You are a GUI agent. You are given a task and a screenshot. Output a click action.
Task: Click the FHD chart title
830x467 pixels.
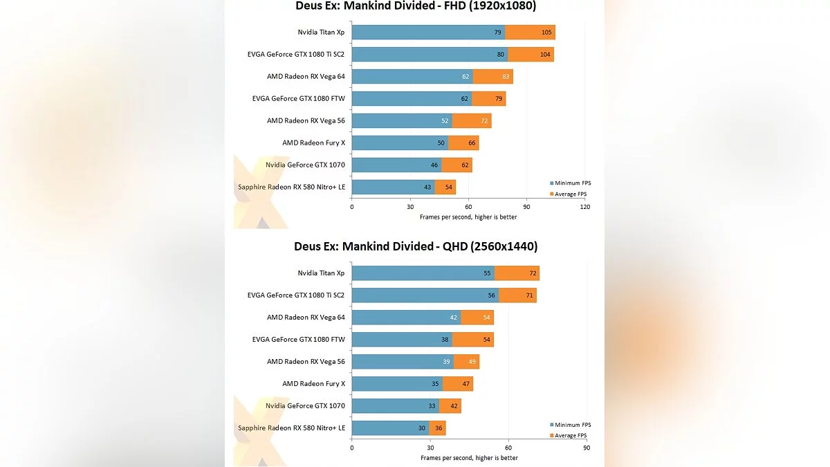415,6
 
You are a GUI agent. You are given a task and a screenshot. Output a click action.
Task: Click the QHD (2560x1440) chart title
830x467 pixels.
415,246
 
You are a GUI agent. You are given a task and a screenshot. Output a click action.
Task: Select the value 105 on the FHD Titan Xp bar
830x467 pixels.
546,33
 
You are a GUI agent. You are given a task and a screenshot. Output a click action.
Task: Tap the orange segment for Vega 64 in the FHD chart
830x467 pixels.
492,77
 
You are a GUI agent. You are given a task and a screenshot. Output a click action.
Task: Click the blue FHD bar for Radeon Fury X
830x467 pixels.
400,143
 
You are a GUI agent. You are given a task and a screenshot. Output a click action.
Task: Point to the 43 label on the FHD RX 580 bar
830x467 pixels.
428,187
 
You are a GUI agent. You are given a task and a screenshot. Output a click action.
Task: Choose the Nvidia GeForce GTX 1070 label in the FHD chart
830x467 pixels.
305,165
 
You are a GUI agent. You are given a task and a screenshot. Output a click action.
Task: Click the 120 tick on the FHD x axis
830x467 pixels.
584,206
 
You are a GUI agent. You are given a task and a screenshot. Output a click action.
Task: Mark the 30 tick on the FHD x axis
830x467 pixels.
410,206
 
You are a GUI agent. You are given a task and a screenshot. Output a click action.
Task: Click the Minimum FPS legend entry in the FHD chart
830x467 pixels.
571,183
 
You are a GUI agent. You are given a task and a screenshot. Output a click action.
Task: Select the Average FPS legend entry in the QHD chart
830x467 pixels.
571,435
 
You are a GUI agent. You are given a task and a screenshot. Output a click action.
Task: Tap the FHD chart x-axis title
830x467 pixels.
468,217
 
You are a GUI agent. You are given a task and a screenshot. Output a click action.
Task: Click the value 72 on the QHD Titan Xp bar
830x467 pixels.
533,273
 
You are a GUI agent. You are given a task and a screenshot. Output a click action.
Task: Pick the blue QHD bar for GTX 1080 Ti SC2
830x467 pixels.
425,295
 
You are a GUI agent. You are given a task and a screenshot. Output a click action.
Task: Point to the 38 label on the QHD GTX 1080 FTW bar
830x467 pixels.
445,340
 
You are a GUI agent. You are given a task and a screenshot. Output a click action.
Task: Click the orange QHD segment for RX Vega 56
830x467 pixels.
467,362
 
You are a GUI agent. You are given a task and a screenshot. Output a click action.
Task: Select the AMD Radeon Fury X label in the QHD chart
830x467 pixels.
313,383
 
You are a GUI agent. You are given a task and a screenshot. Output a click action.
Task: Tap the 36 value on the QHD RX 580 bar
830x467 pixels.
439,428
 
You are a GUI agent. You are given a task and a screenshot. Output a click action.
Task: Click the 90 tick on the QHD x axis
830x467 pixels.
586,447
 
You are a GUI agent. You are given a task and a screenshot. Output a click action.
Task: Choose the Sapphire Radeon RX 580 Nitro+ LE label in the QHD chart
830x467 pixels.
291,428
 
